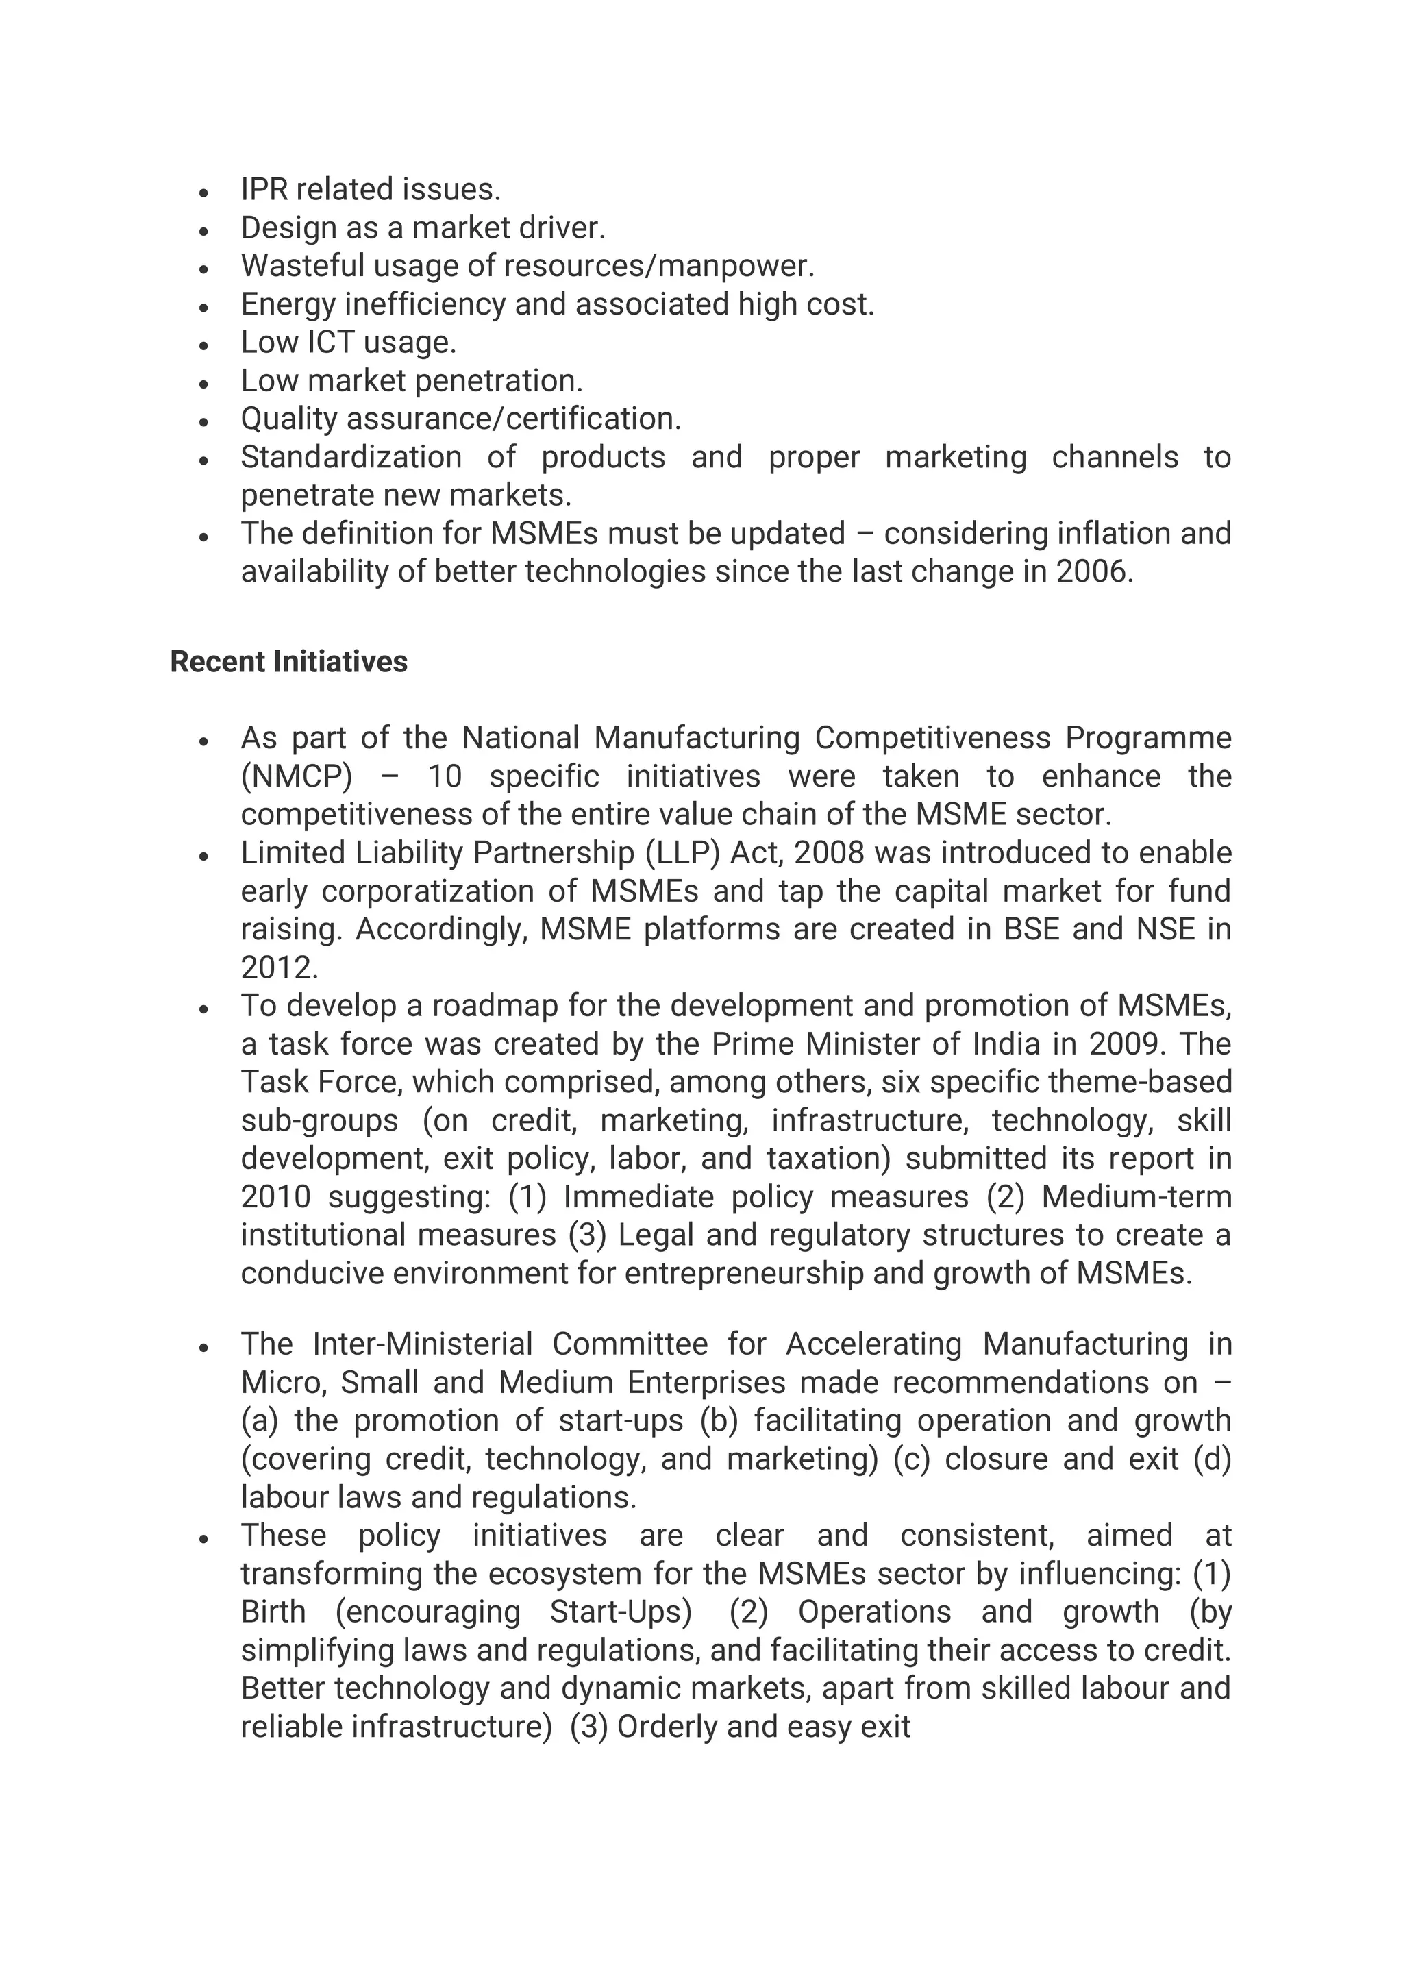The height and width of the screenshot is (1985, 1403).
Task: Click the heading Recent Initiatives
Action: coord(288,661)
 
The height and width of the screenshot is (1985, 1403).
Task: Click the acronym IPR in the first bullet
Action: coord(264,189)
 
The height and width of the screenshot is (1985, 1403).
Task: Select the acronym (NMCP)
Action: coord(297,776)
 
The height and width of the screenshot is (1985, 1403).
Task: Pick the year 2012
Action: coord(278,967)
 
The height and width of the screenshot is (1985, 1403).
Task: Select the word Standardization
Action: coord(351,457)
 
